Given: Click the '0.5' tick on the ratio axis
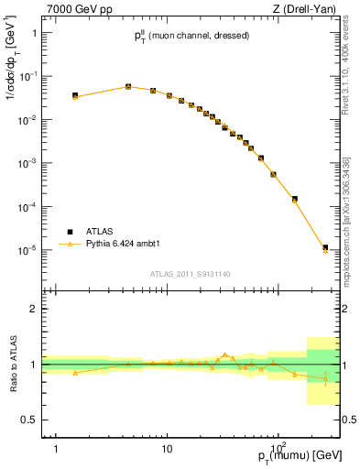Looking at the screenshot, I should click(32, 420).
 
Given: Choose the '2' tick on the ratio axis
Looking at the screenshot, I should click(36, 309).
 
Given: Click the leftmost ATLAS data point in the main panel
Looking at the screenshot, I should click(75, 95).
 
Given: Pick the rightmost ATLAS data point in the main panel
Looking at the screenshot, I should click(325, 247).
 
